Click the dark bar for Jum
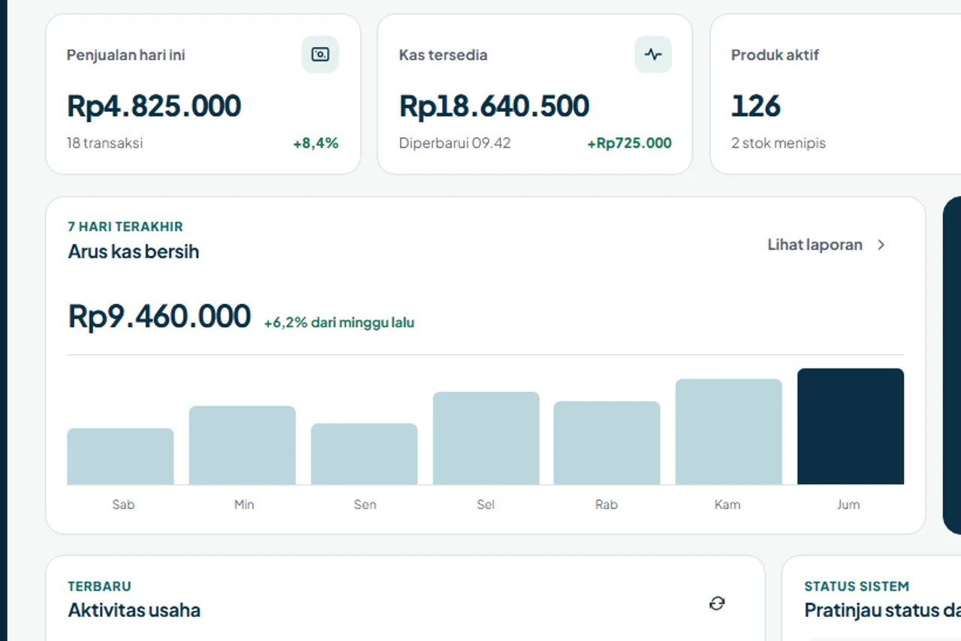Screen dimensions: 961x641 pos(851,426)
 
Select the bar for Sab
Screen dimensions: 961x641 pos(121,456)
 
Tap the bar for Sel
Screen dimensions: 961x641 pos(486,438)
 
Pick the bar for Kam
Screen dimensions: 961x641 pos(728,432)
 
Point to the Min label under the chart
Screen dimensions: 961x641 pos(244,504)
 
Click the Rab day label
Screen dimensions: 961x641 pos(606,504)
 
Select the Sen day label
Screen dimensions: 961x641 pos(365,504)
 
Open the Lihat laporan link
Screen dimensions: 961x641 pos(815,245)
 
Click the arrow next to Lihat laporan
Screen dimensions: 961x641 pos(881,245)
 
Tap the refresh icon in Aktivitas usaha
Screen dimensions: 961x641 pos(717,603)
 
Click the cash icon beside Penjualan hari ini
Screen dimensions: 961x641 pos(320,55)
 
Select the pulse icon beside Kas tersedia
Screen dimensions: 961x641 pos(653,55)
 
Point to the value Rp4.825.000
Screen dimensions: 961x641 pos(154,106)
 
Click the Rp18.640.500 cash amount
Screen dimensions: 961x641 pos(494,106)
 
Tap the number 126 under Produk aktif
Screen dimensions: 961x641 pos(755,106)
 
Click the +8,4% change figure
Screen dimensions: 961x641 pos(316,143)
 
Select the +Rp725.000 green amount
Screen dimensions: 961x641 pos(629,143)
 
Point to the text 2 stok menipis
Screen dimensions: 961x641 pos(779,143)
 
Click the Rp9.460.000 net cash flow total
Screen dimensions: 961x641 pos(159,316)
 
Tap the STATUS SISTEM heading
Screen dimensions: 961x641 pos(857,586)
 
